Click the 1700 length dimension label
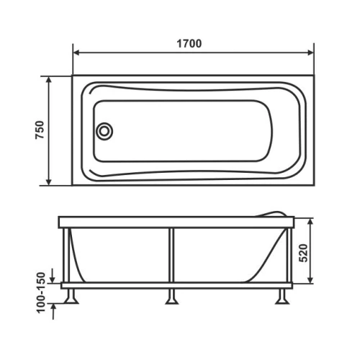(189, 44)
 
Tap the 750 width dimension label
(40, 130)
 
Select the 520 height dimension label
(304, 253)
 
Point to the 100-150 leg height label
(41, 292)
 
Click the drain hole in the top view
(104, 131)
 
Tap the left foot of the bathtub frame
(71, 297)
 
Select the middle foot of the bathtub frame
(171, 297)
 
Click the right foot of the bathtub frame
(282, 297)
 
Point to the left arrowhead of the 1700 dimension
(76, 53)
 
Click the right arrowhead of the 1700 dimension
(310, 53)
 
